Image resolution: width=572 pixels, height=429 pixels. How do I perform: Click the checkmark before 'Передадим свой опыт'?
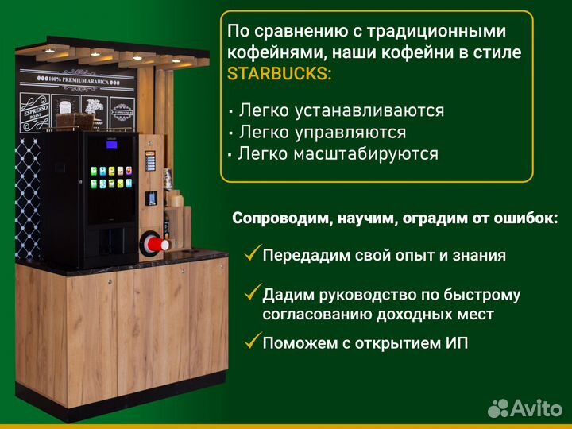252,254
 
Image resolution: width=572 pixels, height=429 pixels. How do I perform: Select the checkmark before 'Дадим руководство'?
252,293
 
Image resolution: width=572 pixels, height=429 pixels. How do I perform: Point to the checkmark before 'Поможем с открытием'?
252,342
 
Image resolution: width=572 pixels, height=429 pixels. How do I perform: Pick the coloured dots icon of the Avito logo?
498,408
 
